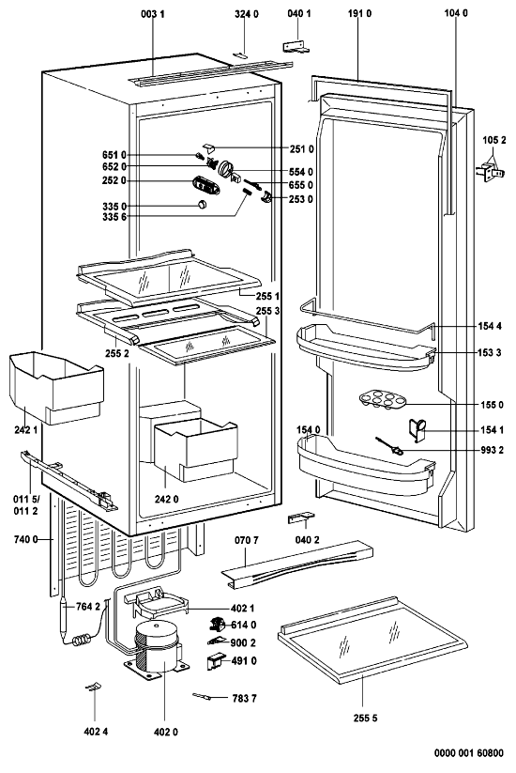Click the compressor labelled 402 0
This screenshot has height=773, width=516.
tap(157, 648)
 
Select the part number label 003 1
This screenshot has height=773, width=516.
tap(153, 14)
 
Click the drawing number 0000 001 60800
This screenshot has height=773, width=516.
tap(469, 752)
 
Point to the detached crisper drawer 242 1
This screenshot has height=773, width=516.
tap(56, 388)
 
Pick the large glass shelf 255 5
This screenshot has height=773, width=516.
tap(372, 640)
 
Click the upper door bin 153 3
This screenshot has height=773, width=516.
tap(366, 346)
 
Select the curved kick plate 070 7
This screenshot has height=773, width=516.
tap(296, 564)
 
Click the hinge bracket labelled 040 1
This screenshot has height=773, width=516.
tap(296, 46)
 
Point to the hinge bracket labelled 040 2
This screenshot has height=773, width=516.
tap(301, 518)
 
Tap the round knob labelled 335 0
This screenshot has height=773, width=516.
tap(202, 205)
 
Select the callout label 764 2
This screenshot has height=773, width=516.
tap(87, 607)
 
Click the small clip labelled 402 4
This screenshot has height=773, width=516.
tap(93, 687)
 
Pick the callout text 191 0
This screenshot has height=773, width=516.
tap(359, 14)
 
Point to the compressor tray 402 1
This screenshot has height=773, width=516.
tap(157, 603)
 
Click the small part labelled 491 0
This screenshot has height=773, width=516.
tap(214, 661)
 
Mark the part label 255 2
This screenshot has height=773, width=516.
tap(116, 353)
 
